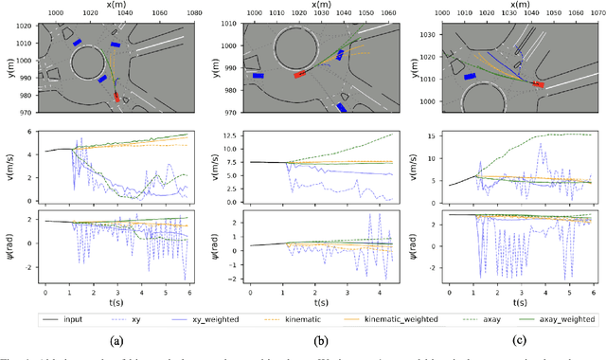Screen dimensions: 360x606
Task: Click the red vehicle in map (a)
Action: click(x=116, y=96)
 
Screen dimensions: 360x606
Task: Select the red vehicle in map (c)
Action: click(x=539, y=84)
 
